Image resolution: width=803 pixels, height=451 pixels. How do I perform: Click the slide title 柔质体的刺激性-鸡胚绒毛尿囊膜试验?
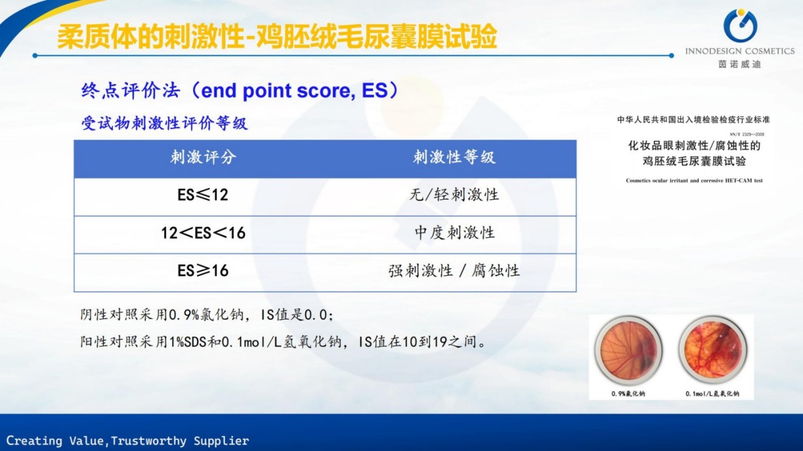[x=277, y=36]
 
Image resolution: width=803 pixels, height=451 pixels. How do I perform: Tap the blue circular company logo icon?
[x=740, y=25]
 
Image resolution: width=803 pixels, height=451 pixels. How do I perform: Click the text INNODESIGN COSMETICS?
[x=740, y=51]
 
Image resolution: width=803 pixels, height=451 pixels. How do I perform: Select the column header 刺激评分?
[x=203, y=157]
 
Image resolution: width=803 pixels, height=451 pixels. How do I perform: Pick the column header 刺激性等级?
[x=454, y=157]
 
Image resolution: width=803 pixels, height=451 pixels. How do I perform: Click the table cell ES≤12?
[x=203, y=195]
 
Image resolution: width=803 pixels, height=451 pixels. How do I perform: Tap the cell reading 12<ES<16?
[x=203, y=233]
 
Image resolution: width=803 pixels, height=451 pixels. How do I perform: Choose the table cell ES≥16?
[x=203, y=271]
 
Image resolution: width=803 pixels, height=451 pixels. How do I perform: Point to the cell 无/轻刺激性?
[x=454, y=195]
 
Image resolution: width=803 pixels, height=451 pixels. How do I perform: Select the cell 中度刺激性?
[x=454, y=233]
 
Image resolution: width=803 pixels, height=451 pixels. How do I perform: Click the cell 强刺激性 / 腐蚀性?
[x=454, y=271]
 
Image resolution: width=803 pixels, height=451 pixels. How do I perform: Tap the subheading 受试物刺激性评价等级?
[x=164, y=124]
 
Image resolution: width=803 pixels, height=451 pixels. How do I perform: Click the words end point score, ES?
[x=294, y=90]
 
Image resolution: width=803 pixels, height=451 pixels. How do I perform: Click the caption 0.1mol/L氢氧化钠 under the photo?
[x=712, y=394]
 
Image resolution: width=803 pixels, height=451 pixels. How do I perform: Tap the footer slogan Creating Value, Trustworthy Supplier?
[x=128, y=440]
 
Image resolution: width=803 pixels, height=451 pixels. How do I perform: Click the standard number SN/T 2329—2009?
[x=747, y=135]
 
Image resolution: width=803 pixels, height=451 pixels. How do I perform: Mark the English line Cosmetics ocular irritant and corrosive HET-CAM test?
[x=694, y=180]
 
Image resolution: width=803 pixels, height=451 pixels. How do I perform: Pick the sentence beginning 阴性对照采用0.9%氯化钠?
[x=207, y=315]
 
